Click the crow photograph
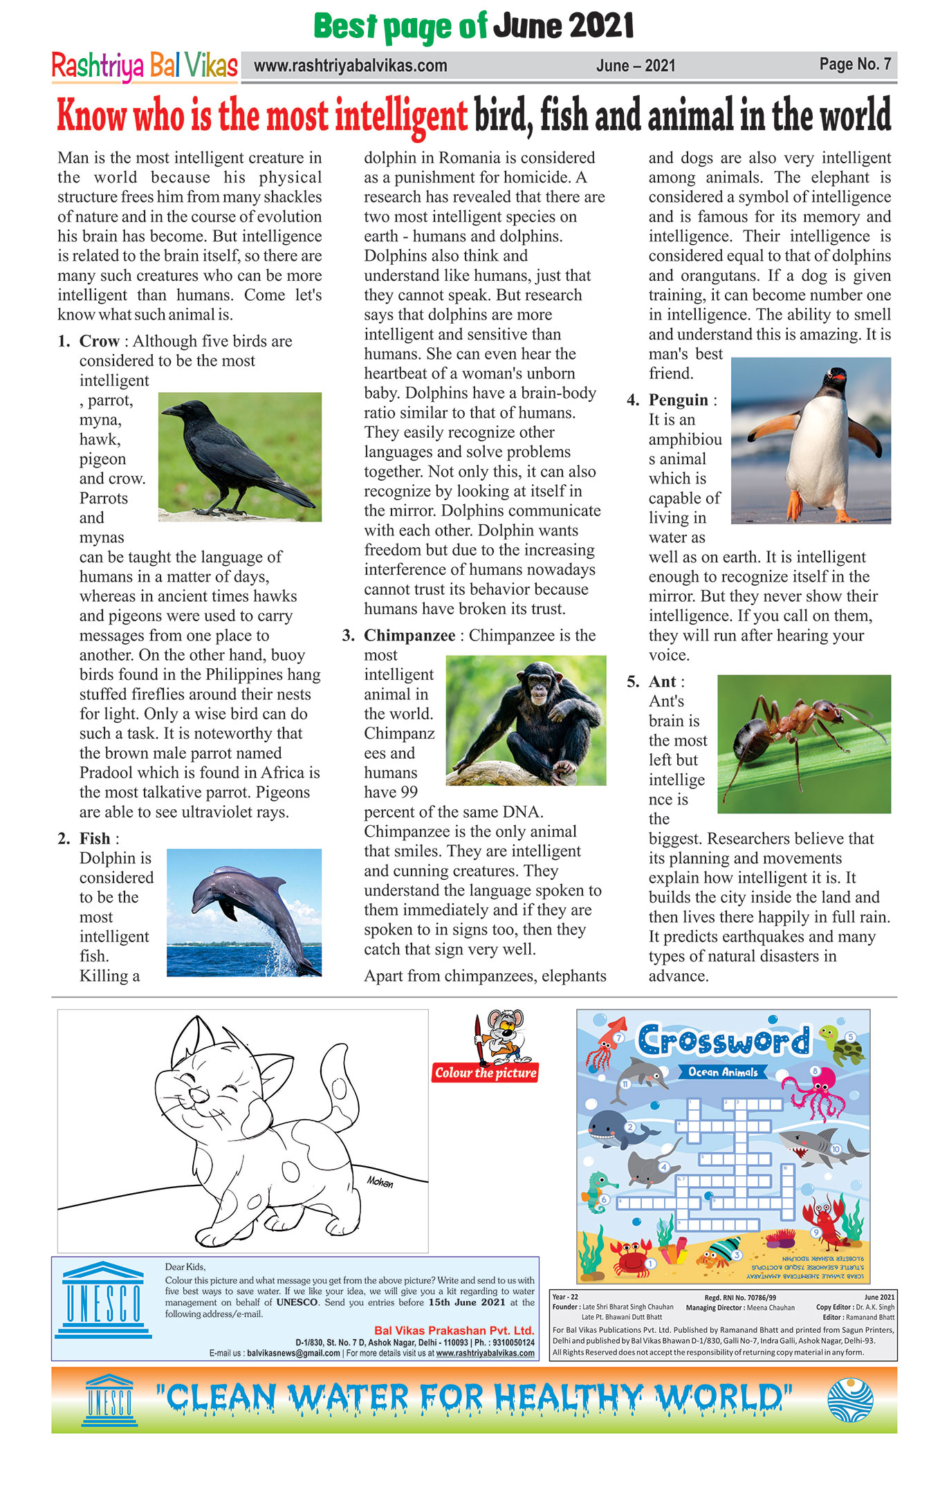pyautogui.click(x=239, y=456)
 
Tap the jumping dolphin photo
pyautogui.click(x=244, y=912)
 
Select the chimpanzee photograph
pyautogui.click(x=526, y=720)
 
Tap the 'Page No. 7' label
pyautogui.click(x=855, y=64)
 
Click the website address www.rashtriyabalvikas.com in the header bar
pyautogui.click(x=350, y=66)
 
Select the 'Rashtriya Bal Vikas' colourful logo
pyautogui.click(x=145, y=66)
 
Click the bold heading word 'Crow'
pyautogui.click(x=100, y=341)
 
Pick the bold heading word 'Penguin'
pyautogui.click(x=678, y=400)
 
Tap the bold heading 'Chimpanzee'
pyautogui.click(x=409, y=635)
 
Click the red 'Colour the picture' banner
pyautogui.click(x=486, y=1073)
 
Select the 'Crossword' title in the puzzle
pyautogui.click(x=723, y=1040)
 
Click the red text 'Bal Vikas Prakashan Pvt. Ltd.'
pyautogui.click(x=454, y=1330)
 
